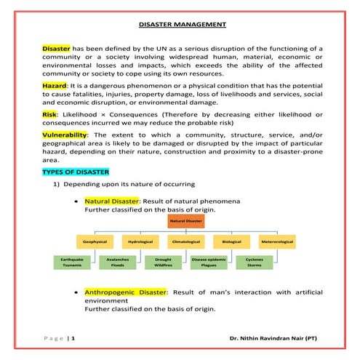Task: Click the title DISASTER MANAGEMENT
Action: coord(181,24)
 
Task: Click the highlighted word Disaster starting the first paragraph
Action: coord(57,48)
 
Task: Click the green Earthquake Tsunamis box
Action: coord(72,262)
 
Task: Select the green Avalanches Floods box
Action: coord(118,262)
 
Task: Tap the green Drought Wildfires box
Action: coord(163,262)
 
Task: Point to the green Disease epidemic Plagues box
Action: coord(209,262)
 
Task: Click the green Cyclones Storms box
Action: coord(255,262)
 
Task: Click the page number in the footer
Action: coord(73,339)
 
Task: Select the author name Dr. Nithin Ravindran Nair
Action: coord(273,339)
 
